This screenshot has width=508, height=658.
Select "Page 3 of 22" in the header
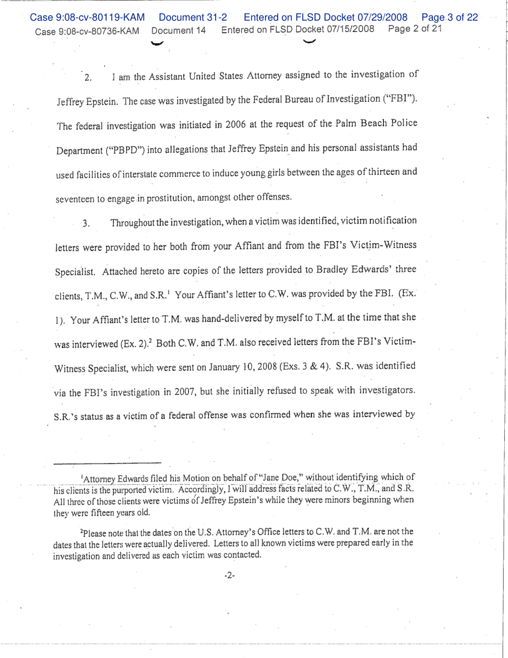click(x=450, y=17)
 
